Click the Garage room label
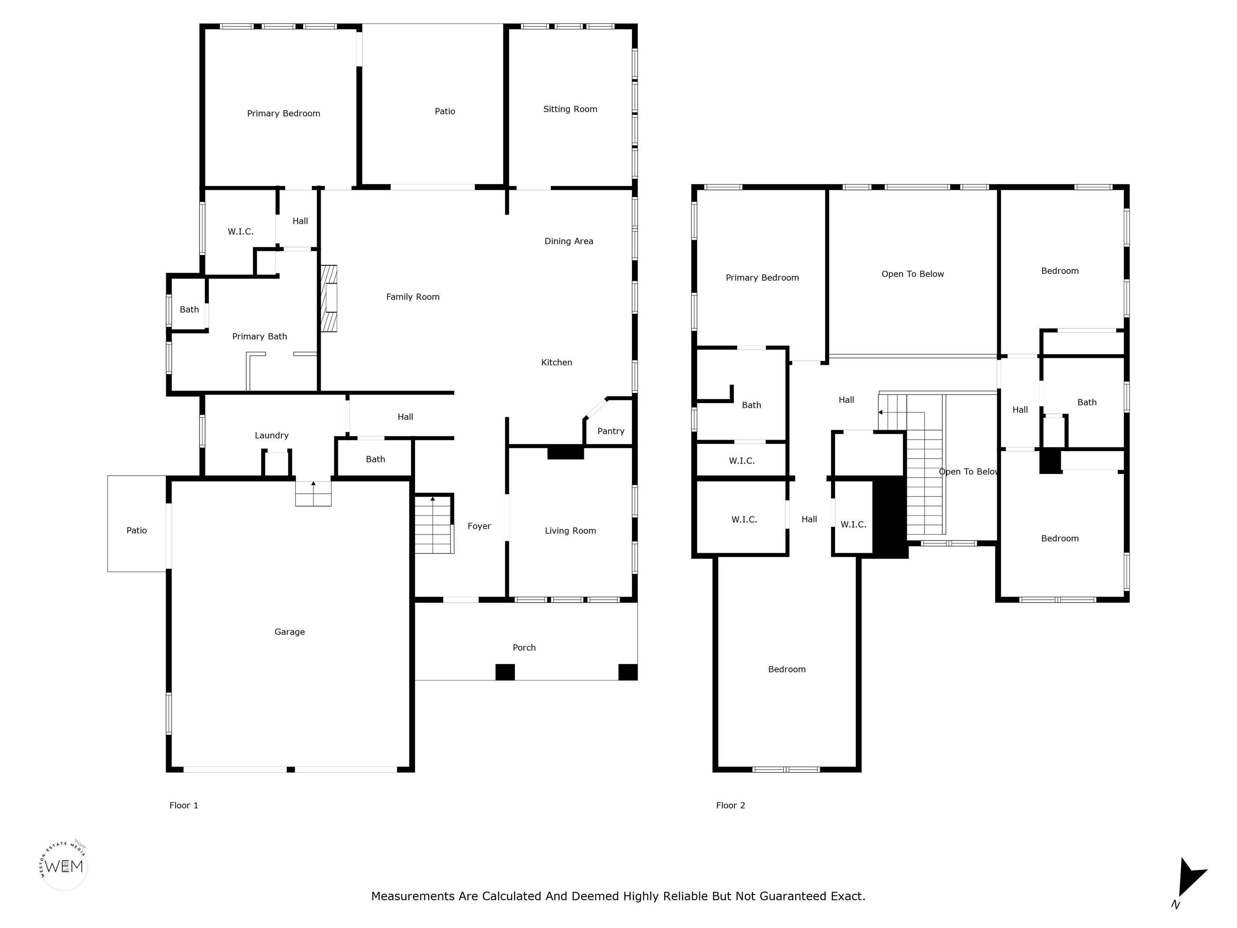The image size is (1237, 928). (x=289, y=632)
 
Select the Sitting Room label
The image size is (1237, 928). (x=570, y=109)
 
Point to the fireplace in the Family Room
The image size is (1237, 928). (x=329, y=298)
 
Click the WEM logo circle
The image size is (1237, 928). (x=64, y=866)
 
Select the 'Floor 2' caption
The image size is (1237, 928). (x=730, y=805)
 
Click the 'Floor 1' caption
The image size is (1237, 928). (x=184, y=805)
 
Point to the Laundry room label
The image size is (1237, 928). (x=271, y=435)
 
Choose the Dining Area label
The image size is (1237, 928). (x=568, y=241)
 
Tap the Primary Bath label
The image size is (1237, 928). (x=259, y=336)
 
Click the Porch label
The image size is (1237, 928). (x=524, y=647)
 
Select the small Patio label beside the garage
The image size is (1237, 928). (x=137, y=530)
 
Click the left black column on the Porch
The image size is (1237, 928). (x=505, y=672)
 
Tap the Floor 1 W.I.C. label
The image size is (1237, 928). (x=240, y=232)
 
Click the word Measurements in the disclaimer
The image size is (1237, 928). (x=413, y=896)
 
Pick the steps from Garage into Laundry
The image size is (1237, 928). (x=313, y=493)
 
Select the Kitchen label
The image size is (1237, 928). (x=556, y=362)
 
